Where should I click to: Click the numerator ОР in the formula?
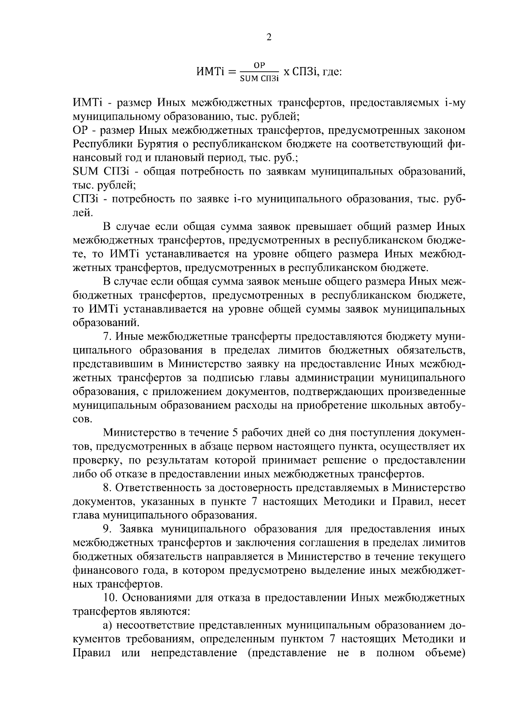tap(259, 65)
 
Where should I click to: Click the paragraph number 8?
tap(106, 488)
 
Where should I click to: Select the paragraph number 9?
tap(106, 529)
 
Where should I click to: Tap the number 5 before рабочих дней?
tap(235, 433)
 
